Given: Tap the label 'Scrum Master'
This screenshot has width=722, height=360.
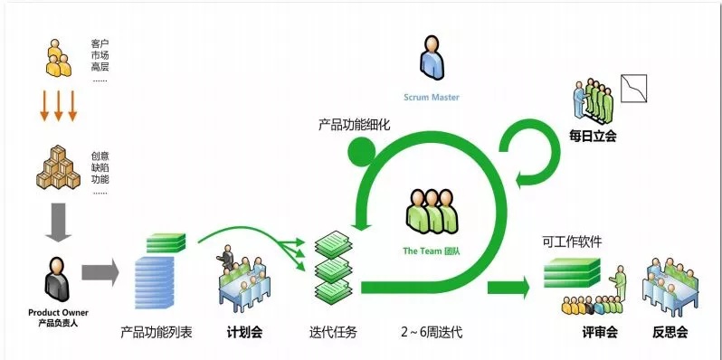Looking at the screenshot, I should pyautogui.click(x=432, y=97).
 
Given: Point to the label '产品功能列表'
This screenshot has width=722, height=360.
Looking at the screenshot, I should pyautogui.click(x=157, y=332).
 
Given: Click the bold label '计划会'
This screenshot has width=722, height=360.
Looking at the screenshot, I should pyautogui.click(x=244, y=332).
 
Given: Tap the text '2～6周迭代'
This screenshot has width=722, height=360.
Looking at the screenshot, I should pyautogui.click(x=432, y=332).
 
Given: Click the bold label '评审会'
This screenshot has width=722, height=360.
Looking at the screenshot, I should pyautogui.click(x=600, y=332).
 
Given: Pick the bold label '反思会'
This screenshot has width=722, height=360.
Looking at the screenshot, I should pyautogui.click(x=670, y=332).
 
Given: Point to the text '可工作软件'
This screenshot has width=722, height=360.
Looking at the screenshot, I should pyautogui.click(x=572, y=242).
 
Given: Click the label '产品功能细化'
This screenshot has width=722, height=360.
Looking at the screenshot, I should pyautogui.click(x=354, y=125).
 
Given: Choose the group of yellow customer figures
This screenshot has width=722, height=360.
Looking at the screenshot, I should pyautogui.click(x=59, y=59).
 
